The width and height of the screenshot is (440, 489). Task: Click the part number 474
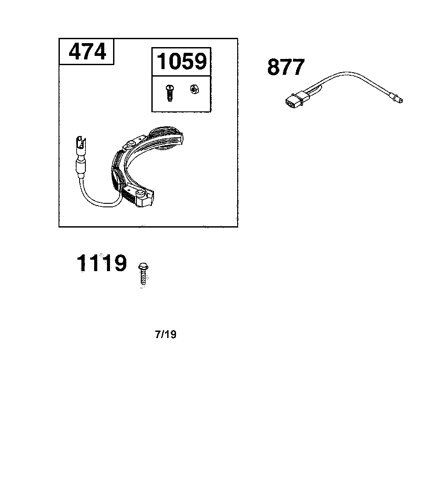tap(87, 52)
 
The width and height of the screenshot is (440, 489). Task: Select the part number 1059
tap(181, 61)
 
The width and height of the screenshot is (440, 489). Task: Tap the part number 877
tap(286, 67)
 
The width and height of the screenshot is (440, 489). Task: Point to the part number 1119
tap(102, 263)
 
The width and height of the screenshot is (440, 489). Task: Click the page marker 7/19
tap(165, 335)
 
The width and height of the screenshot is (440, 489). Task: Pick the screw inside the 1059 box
tap(170, 92)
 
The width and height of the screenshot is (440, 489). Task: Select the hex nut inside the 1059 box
tap(194, 90)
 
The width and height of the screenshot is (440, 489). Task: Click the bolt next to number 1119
tap(143, 273)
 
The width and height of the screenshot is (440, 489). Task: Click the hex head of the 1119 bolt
tap(143, 267)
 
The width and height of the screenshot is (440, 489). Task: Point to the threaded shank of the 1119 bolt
tap(143, 278)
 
